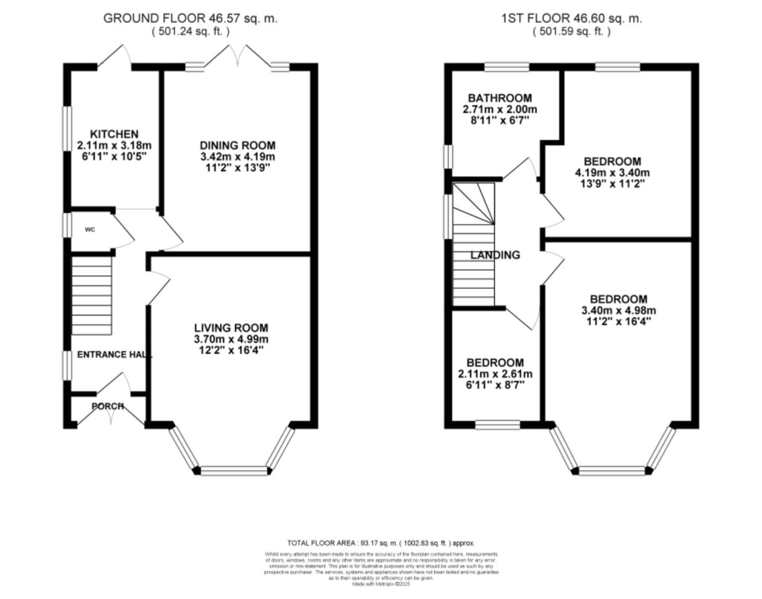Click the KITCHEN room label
click(114, 134)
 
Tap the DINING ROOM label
click(237, 145)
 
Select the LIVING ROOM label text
click(231, 328)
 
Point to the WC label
click(90, 230)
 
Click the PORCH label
click(108, 406)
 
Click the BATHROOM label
click(499, 98)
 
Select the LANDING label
click(495, 255)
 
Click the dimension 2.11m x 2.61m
click(495, 374)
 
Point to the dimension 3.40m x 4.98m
click(618, 311)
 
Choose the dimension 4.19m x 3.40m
click(612, 172)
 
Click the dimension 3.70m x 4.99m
click(231, 339)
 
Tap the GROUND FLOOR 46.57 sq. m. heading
click(190, 18)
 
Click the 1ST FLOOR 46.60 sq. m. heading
click(571, 18)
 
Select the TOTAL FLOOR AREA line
click(380, 543)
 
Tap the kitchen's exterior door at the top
click(115, 58)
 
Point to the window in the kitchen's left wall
click(67, 128)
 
